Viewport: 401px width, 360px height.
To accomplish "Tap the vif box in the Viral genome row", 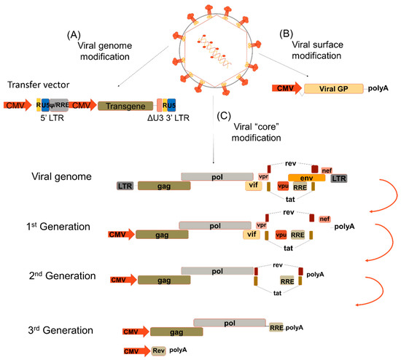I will click(x=252, y=187).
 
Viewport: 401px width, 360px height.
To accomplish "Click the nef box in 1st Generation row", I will click(x=324, y=218).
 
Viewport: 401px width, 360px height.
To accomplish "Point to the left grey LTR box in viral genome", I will click(x=125, y=187).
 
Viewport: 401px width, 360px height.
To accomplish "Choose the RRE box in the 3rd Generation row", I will click(x=276, y=326).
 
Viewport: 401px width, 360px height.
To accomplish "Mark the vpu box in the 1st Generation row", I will click(x=281, y=235).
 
